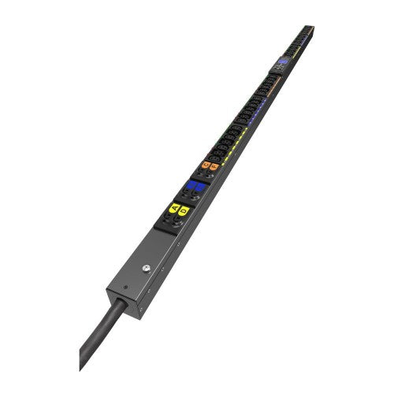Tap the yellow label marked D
[184, 211]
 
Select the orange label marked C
[206, 165]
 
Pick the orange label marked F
[214, 168]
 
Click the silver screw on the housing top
[146, 268]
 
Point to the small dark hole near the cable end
[126, 286]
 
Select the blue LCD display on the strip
[282, 61]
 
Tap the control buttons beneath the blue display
[278, 69]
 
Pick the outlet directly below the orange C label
[201, 174]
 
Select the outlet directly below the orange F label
[210, 177]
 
